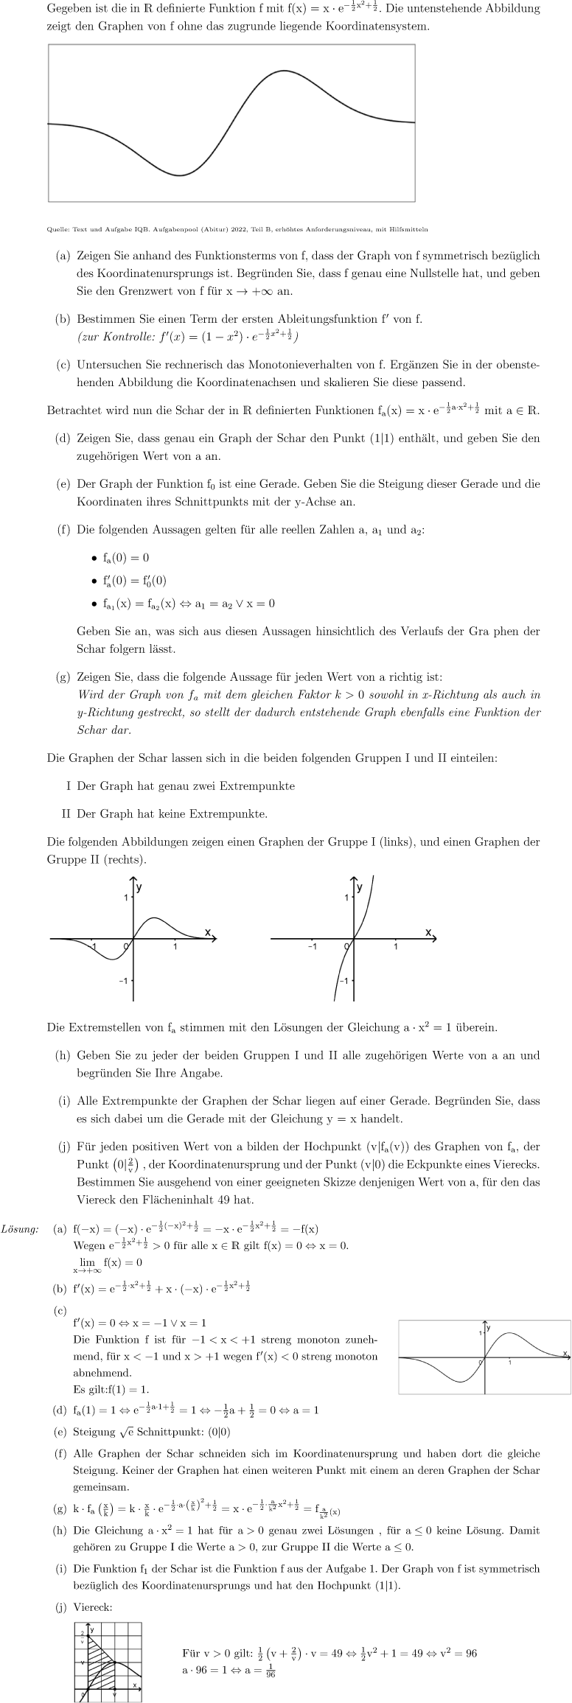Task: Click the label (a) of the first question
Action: (x=63, y=256)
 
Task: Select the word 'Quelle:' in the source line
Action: (x=58, y=229)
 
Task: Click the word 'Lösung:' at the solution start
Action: (x=20, y=1230)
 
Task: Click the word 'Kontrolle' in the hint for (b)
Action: (x=116, y=337)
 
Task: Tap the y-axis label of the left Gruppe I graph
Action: (x=139, y=888)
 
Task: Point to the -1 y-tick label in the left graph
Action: (x=123, y=981)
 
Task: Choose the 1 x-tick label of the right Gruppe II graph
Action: (x=396, y=946)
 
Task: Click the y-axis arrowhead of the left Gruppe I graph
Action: (x=133, y=881)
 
